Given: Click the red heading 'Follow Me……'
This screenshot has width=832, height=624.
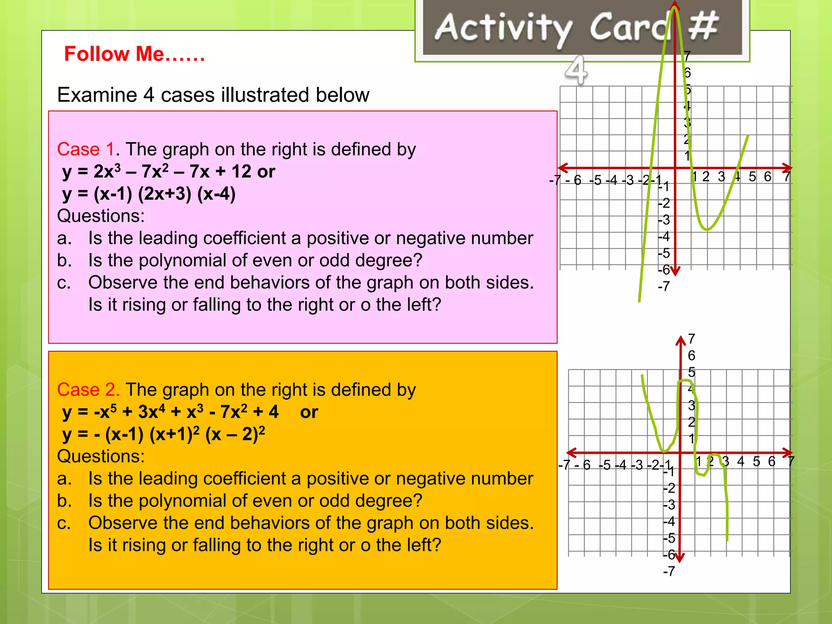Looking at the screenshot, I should [134, 54].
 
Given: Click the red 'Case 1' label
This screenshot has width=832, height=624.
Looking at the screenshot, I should [86, 149].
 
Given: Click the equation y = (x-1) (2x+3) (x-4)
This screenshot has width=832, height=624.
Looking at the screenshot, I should [149, 194].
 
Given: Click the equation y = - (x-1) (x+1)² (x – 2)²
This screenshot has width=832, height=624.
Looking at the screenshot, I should [163, 434].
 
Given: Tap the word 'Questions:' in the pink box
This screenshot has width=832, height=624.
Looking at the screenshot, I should [101, 216].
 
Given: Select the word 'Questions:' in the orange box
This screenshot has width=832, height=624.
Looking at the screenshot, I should [101, 456].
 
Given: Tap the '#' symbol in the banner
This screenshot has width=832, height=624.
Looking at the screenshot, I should [703, 26].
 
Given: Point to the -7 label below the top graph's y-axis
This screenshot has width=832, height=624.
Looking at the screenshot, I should [663, 287].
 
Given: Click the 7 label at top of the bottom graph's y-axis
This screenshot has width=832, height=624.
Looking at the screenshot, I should [691, 339].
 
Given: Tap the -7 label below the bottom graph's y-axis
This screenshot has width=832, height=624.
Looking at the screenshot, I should [669, 572].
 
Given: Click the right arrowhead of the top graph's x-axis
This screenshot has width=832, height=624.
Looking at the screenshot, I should [788, 167].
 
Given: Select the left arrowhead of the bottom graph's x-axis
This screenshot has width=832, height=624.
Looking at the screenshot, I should [572, 452].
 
